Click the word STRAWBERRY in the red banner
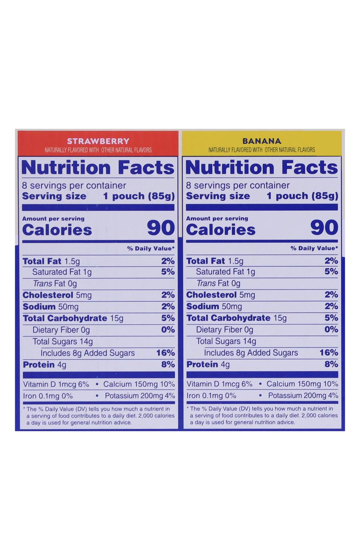(98, 141)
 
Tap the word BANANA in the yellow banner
(262, 141)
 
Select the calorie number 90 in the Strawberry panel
(161, 228)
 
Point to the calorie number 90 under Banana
(324, 228)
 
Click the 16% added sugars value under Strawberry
(166, 353)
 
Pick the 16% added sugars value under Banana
(329, 352)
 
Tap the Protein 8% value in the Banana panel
(332, 364)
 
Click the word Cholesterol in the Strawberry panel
(48, 295)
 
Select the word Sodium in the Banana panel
(202, 306)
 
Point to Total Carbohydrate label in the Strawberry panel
(65, 318)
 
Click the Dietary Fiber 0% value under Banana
(332, 329)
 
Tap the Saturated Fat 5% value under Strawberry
(168, 272)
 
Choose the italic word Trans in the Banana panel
(206, 283)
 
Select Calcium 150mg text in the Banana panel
(294, 384)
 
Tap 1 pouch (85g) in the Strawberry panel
(139, 196)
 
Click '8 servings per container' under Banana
(238, 185)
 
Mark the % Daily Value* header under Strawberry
(151, 248)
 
